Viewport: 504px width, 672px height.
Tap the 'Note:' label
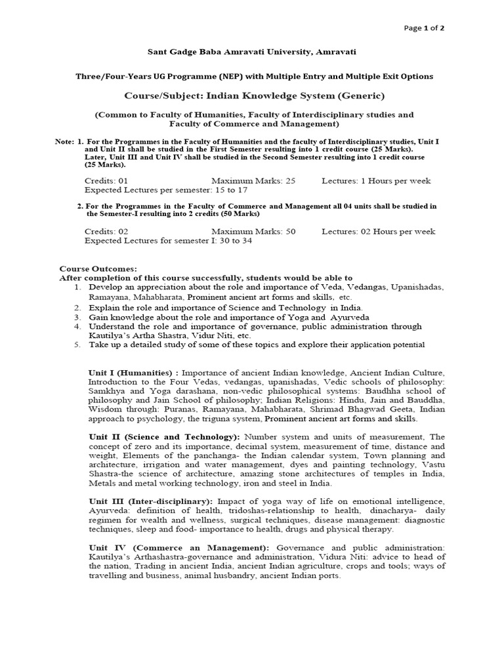click(64, 142)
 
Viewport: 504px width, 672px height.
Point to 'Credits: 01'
click(106, 180)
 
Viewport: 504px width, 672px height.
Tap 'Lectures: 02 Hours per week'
click(379, 232)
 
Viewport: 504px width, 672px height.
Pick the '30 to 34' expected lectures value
click(231, 240)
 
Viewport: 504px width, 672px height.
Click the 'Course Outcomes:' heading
click(98, 269)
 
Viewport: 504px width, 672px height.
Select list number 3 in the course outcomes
click(77, 317)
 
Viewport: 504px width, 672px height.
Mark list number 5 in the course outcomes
click(77, 345)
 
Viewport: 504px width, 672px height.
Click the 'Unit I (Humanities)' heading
click(131, 373)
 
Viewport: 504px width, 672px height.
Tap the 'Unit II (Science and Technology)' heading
click(164, 436)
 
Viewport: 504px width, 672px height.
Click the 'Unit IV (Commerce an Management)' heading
click(178, 547)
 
